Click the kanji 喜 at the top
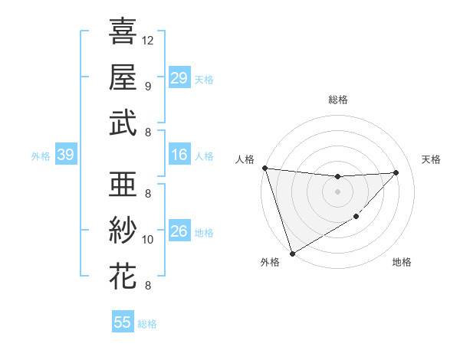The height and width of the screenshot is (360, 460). pos(123,31)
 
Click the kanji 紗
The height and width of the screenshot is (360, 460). pos(123,231)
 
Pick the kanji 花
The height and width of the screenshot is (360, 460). pos(123,277)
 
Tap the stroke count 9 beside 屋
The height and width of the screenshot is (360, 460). pos(147,86)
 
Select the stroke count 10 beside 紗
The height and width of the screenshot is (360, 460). pos(149,240)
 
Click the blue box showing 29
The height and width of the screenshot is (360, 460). pos(179,78)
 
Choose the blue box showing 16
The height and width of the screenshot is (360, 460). pos(179,155)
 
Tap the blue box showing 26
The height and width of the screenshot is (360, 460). pos(179,232)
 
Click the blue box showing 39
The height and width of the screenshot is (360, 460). pos(65,155)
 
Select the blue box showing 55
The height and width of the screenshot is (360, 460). pos(123,322)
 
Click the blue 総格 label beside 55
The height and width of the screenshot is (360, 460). pos(147,324)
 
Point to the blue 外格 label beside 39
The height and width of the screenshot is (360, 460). pos(41,156)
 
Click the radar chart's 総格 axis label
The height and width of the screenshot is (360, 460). pos(337,100)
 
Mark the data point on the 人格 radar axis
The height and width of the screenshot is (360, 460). pos(264,168)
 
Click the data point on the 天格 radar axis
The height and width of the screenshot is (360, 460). pos(396,172)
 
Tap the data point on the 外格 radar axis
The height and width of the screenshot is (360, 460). pos(292,253)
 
